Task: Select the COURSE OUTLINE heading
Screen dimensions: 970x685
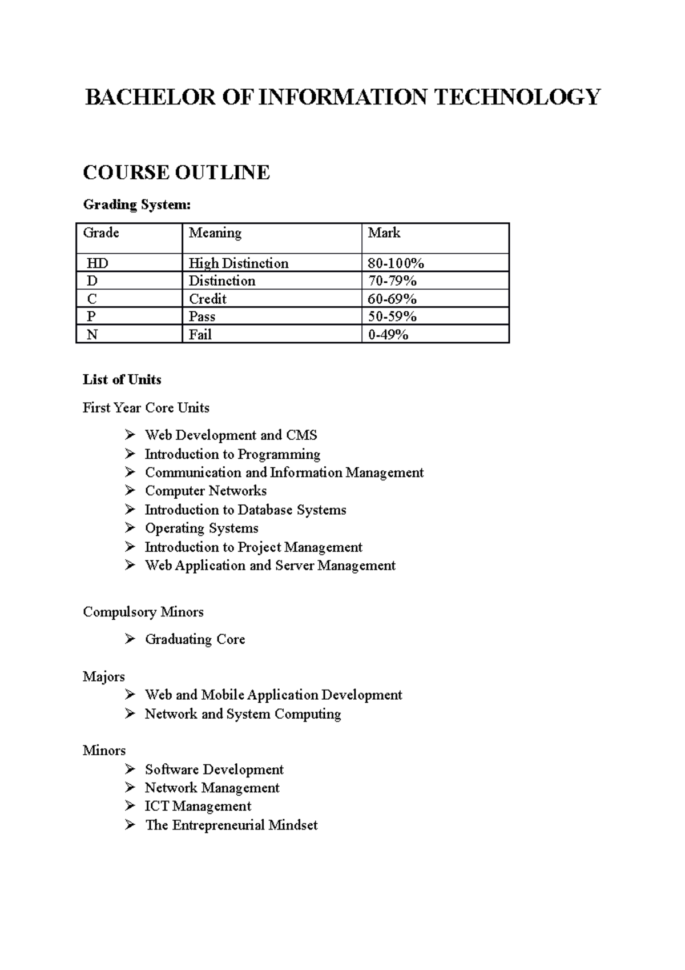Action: [x=176, y=173]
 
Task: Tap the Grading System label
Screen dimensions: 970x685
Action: [x=137, y=205]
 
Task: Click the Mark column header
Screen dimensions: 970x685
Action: [x=384, y=233]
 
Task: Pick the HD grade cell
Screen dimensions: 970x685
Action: [x=98, y=263]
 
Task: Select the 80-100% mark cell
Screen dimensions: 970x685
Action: [x=396, y=263]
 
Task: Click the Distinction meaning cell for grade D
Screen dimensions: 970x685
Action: [x=222, y=281]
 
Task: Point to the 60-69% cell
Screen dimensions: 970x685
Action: [x=392, y=299]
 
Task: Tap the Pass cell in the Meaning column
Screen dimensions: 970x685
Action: [x=202, y=316]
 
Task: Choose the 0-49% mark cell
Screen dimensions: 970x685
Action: [x=388, y=335]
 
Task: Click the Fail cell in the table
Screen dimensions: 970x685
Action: [x=200, y=335]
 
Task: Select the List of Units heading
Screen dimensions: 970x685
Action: [x=122, y=380]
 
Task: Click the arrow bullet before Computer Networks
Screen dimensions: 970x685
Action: [x=131, y=490]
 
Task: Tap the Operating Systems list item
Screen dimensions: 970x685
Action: [x=202, y=528]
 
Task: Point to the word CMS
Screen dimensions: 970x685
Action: [x=301, y=435]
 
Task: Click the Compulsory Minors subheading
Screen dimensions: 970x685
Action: [x=143, y=612]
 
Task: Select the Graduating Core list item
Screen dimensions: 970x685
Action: [x=195, y=639]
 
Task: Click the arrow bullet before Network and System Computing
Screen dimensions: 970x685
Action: [x=131, y=714]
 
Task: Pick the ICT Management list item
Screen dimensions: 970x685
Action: [x=198, y=806]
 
